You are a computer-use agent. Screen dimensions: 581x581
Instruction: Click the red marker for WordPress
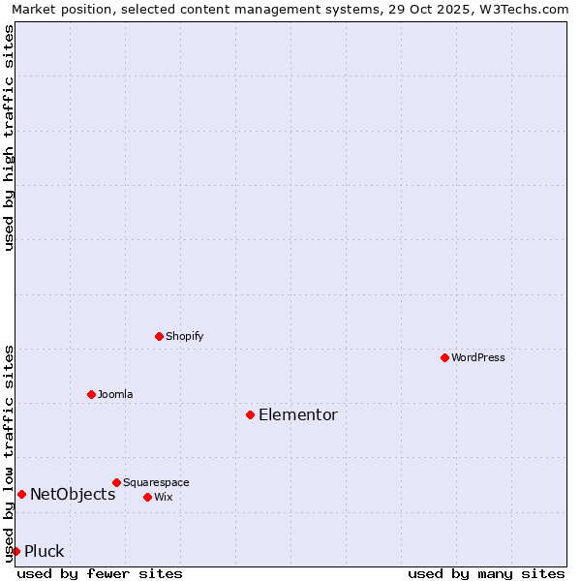(444, 357)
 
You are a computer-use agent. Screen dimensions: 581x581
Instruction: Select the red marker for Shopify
(160, 336)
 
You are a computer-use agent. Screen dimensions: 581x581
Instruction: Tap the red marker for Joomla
(91, 394)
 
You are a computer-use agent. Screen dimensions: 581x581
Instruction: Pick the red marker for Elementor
(250, 414)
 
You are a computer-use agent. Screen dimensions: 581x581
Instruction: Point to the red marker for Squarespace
(116, 482)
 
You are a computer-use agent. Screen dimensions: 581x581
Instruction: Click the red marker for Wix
(147, 497)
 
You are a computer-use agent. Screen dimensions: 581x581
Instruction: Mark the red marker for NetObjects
(21, 494)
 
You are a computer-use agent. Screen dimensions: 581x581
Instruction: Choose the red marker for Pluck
(15, 551)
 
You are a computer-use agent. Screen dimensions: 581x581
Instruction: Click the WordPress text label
(478, 357)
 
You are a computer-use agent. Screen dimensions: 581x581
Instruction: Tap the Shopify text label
(184, 336)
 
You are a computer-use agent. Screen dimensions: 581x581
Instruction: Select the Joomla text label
(115, 394)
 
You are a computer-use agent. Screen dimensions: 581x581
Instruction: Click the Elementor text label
(298, 414)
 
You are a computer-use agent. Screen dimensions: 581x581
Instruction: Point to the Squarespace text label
(156, 482)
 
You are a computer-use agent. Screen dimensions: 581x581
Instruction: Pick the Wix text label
(164, 497)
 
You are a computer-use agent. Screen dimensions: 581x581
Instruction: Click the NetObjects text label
(73, 494)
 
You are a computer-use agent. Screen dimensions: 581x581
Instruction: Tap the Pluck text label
(45, 551)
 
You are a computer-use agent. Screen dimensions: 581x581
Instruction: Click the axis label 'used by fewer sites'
(100, 573)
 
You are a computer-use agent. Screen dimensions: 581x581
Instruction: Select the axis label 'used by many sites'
(486, 573)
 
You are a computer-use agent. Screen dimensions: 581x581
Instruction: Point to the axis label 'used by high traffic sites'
(10, 138)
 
